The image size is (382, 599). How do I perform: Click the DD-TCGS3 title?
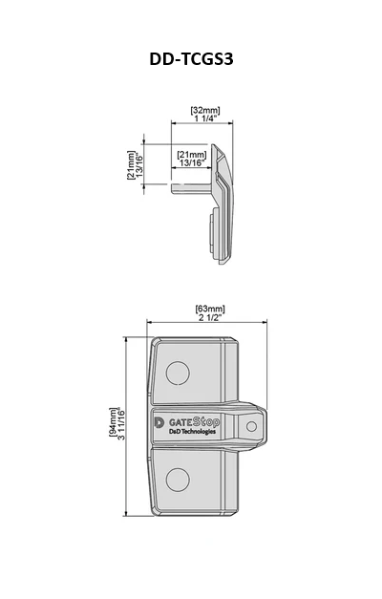(191, 59)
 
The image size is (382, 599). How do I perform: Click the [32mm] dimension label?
(205, 111)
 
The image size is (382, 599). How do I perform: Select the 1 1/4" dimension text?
(205, 118)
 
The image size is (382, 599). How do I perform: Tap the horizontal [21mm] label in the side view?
(192, 155)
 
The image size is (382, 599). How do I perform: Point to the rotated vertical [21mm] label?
(131, 165)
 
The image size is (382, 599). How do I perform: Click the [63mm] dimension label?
(210, 309)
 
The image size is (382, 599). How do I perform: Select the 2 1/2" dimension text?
(210, 317)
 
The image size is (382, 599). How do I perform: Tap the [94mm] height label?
(113, 421)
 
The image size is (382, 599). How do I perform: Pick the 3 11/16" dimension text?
(121, 423)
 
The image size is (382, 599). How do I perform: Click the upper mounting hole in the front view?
(178, 373)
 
